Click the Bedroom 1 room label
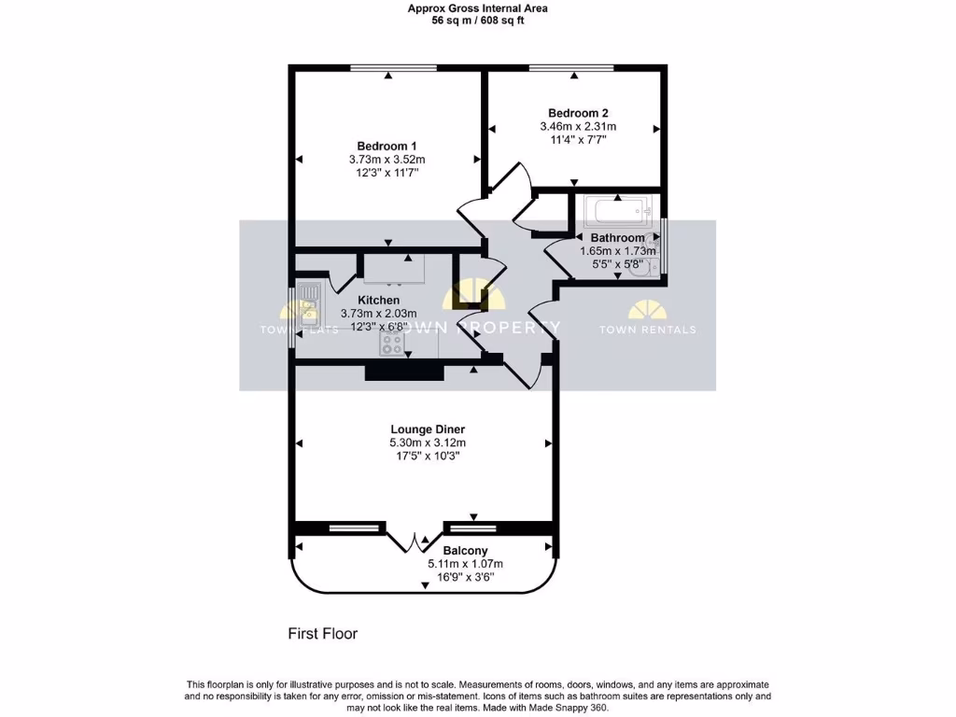click(387, 146)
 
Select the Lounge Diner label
click(428, 429)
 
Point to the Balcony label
click(465, 551)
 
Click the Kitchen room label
click(378, 300)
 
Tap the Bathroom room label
click(617, 238)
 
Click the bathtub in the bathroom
click(618, 211)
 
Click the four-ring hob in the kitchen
click(392, 344)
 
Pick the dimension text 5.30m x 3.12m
click(428, 443)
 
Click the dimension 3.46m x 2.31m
click(578, 126)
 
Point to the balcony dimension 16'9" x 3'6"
click(465, 577)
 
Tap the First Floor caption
click(322, 634)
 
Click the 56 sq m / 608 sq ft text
click(477, 21)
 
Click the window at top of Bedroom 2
click(571, 68)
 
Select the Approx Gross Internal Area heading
click(477, 8)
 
